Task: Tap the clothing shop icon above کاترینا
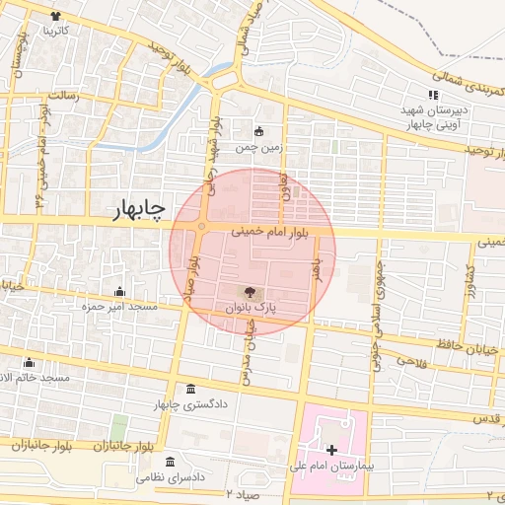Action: point(54,17)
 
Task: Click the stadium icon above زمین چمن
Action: point(259,132)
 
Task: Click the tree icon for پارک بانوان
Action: point(249,292)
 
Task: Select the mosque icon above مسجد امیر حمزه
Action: point(119,291)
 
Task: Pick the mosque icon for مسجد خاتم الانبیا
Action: point(29,362)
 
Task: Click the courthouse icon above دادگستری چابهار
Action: point(190,390)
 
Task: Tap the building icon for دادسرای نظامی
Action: point(171,462)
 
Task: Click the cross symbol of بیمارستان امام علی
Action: point(331,450)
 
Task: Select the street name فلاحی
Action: point(407,360)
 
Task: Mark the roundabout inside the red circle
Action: point(202,227)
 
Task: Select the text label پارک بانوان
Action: point(252,309)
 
